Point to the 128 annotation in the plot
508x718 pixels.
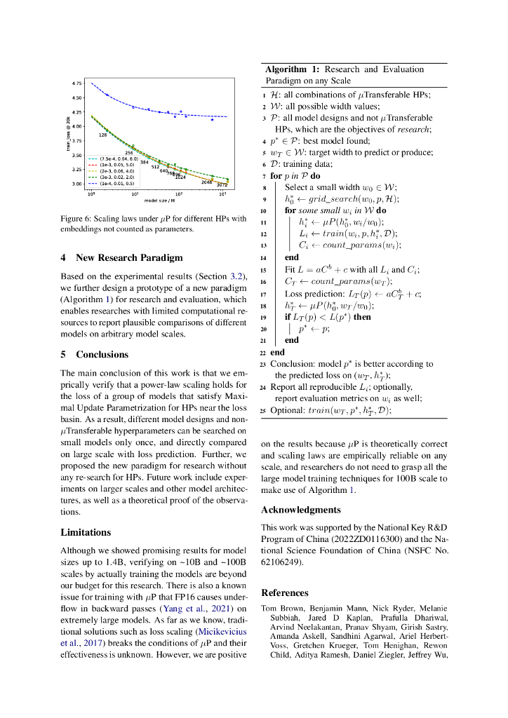[x=102, y=134]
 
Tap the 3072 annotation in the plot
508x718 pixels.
[x=222, y=184]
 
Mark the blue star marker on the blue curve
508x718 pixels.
[x=213, y=120]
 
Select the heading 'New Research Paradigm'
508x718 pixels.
[x=129, y=257]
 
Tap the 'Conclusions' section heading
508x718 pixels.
[x=102, y=354]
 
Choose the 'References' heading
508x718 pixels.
[x=284, y=592]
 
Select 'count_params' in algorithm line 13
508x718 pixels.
[x=351, y=245]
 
